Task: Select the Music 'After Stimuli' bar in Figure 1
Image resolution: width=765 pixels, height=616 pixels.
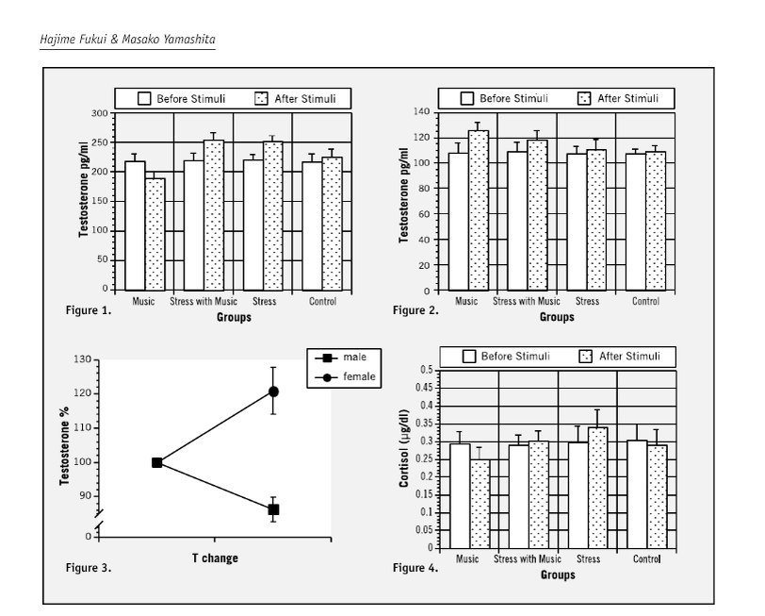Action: [155, 233]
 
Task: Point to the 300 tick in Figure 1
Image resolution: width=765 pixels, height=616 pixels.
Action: [98, 113]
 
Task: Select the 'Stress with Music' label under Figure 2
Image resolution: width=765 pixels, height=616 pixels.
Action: [527, 302]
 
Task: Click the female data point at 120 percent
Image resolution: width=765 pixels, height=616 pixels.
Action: [273, 391]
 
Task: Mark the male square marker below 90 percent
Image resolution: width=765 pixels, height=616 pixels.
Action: [273, 509]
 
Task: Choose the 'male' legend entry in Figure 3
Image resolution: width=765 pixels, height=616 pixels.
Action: [348, 358]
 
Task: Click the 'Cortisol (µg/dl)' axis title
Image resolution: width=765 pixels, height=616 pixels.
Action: [406, 458]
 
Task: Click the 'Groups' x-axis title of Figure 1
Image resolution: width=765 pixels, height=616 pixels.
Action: [231, 318]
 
